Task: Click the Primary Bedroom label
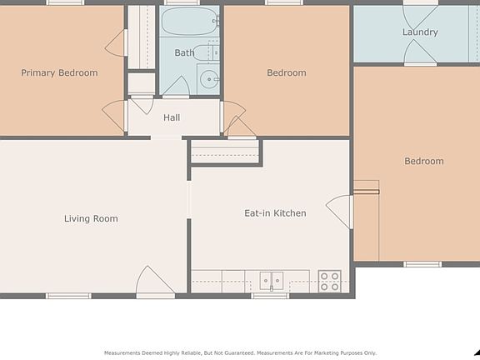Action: tap(59, 73)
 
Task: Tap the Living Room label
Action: tap(91, 218)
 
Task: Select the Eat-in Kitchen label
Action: tap(275, 213)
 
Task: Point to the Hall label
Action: tap(172, 117)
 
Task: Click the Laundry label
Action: tap(420, 32)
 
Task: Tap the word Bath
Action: tap(184, 52)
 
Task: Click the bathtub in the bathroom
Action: tap(189, 21)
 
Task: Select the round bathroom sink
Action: tap(209, 79)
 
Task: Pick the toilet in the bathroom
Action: tap(206, 52)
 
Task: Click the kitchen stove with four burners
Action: tap(330, 282)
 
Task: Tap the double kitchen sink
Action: tap(272, 281)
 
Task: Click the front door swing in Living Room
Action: tap(155, 282)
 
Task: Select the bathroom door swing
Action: tap(176, 87)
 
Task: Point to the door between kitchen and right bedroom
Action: tap(339, 212)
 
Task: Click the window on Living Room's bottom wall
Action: tap(68, 296)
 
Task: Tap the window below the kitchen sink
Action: tap(270, 296)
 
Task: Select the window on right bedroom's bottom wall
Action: tap(422, 264)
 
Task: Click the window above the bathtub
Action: tap(182, 2)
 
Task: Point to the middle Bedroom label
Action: tap(287, 72)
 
